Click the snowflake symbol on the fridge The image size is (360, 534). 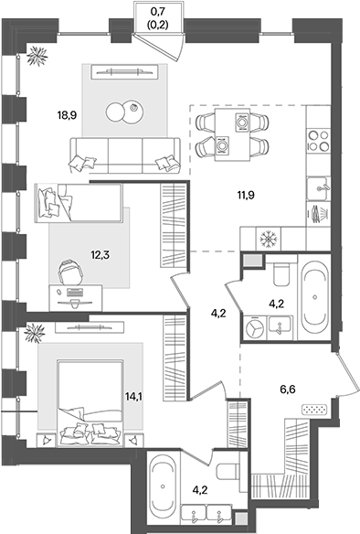click(x=270, y=238)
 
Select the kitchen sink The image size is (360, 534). click(x=320, y=187)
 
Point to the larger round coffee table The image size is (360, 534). click(x=118, y=112)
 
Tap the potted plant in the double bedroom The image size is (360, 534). click(x=37, y=335)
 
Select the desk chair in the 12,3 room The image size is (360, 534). click(x=69, y=272)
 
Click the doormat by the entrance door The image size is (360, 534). click(x=314, y=409)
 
